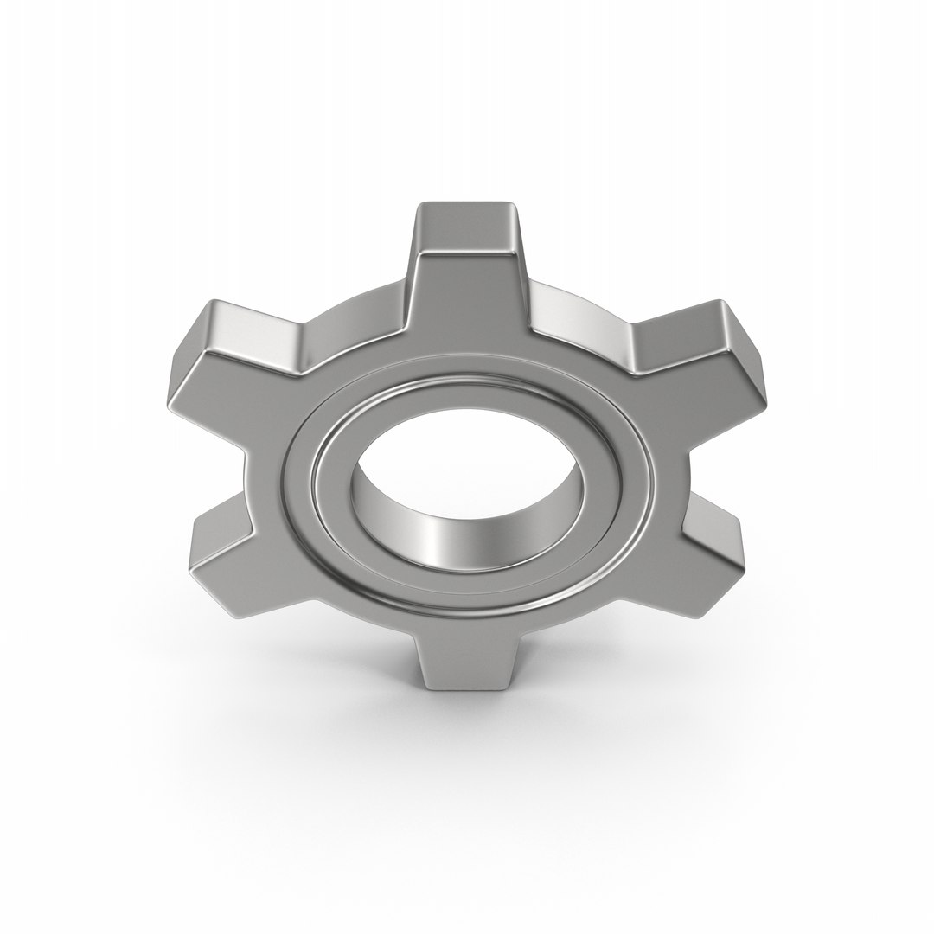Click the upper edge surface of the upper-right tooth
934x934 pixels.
(x=679, y=324)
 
